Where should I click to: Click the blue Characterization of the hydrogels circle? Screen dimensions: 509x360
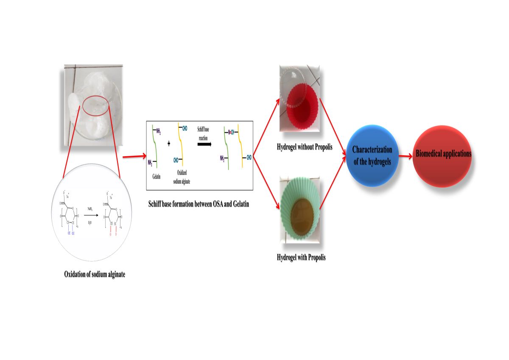tap(372, 156)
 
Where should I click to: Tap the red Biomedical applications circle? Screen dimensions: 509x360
tap(442, 155)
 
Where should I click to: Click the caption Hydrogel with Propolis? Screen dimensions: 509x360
tap(301, 257)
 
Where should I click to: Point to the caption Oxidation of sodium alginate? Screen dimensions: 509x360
tap(95, 274)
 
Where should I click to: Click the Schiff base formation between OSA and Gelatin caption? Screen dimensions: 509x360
tap(199, 204)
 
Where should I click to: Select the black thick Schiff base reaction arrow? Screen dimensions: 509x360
tap(205, 144)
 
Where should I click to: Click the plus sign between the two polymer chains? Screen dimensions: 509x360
tap(168, 144)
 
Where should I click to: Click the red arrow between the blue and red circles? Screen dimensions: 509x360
tap(405, 156)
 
